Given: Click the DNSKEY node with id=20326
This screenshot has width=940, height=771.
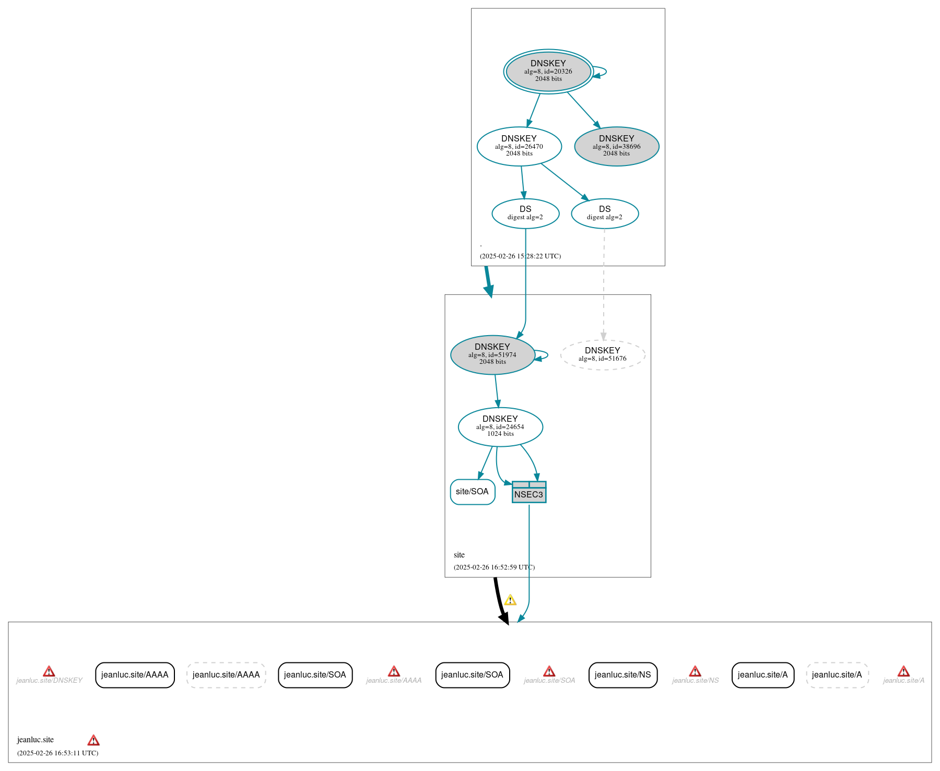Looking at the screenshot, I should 548,72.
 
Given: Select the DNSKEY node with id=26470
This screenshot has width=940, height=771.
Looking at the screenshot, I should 519,146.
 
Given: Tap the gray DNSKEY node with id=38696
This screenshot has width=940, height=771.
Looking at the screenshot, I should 617,146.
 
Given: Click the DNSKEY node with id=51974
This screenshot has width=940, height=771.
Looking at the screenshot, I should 492,355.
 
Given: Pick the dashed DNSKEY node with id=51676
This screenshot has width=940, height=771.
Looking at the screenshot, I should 603,355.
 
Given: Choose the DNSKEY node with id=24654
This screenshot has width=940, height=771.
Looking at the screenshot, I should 500,427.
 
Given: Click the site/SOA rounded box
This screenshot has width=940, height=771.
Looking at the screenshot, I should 473,492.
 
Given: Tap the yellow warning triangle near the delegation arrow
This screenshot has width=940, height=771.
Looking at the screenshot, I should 510,600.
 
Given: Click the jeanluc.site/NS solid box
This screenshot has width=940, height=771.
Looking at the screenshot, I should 623,675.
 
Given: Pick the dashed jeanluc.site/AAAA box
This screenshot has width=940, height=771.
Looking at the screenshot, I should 226,675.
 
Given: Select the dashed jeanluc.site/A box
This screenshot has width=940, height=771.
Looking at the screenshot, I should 837,675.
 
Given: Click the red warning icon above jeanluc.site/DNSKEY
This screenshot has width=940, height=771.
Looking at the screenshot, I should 49,671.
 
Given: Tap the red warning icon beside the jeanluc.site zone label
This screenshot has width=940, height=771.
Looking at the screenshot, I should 93,740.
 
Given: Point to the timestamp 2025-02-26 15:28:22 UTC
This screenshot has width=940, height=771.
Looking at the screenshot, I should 520,256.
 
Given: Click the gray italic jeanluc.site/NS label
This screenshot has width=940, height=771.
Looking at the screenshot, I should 695,681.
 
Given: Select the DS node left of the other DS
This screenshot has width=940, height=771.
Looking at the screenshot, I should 525,213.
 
